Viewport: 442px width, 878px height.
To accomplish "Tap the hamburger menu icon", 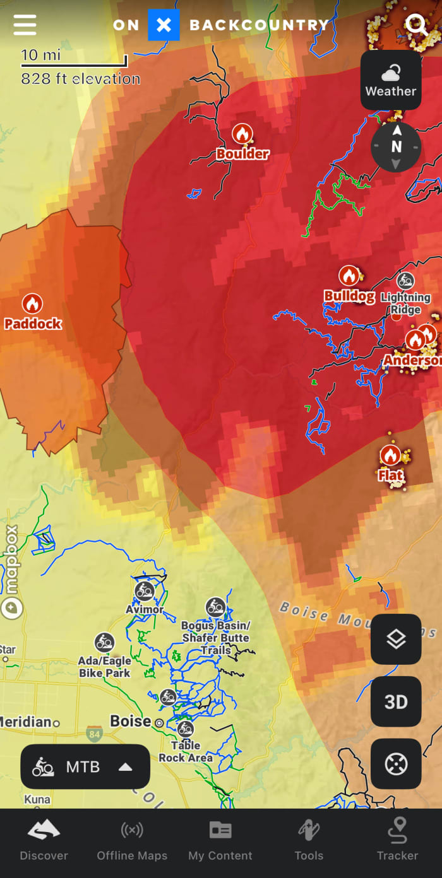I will pyautogui.click(x=25, y=25).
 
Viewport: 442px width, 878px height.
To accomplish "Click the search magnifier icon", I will pyautogui.click(x=416, y=25).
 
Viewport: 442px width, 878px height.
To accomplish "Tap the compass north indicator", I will pyautogui.click(x=396, y=147).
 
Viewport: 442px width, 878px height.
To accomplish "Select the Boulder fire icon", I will pyautogui.click(x=242, y=134).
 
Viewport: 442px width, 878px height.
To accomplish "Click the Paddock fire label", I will pyautogui.click(x=33, y=324).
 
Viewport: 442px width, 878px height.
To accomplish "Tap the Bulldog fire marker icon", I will pyautogui.click(x=349, y=276).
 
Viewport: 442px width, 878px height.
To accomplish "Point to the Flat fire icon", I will pyautogui.click(x=390, y=455).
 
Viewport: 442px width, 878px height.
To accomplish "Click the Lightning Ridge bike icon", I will pyautogui.click(x=405, y=281).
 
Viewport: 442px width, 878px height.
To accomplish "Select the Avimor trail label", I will pyautogui.click(x=145, y=609).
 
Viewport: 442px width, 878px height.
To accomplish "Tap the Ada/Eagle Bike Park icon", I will pyautogui.click(x=104, y=643).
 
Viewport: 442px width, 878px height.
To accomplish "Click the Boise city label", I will pyautogui.click(x=131, y=721).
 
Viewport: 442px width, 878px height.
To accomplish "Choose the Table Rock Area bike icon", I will pyautogui.click(x=185, y=729).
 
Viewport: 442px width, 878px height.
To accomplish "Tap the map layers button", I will pyautogui.click(x=396, y=639).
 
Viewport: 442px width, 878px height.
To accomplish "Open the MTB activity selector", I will pyautogui.click(x=85, y=767).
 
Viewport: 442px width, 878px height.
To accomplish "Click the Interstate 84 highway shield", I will pyautogui.click(x=95, y=734).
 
